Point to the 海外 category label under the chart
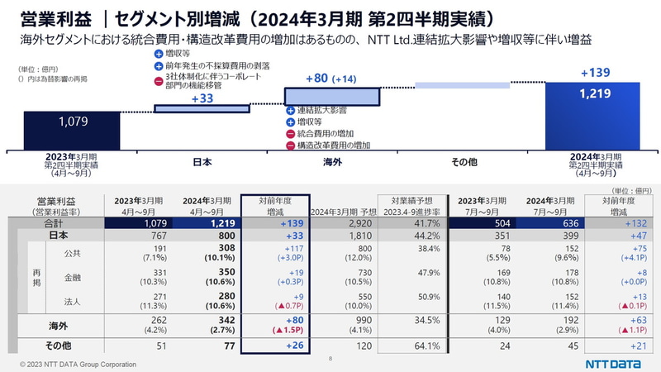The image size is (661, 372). (x=331, y=160)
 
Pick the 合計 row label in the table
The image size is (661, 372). (x=52, y=223)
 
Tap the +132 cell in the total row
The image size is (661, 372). (x=616, y=223)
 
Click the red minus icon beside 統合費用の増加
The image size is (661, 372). (x=290, y=133)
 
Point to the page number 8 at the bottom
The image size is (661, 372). (x=330, y=359)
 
